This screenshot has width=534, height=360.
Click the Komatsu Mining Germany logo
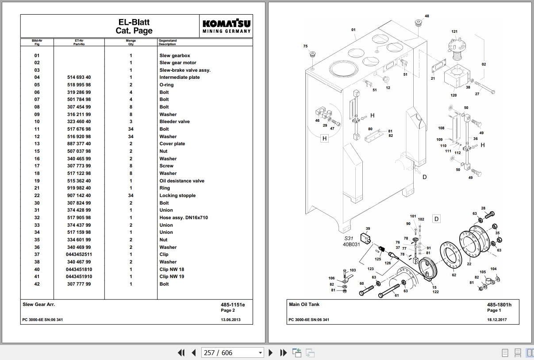(x=227, y=26)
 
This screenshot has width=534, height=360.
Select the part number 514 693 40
(x=79, y=77)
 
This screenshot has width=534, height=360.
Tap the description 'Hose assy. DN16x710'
(x=183, y=218)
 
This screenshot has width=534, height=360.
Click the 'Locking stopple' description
(x=177, y=196)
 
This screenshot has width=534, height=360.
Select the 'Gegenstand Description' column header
(x=168, y=43)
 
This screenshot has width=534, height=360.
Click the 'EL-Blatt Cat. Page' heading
(x=134, y=26)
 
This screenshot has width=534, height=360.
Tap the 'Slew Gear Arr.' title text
(x=38, y=305)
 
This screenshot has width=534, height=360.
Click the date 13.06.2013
(x=231, y=320)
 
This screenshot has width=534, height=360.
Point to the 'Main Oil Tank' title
(x=304, y=305)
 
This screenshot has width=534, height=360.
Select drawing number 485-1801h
(x=499, y=305)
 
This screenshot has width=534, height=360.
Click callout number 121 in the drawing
(x=454, y=32)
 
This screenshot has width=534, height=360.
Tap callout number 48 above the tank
(x=426, y=16)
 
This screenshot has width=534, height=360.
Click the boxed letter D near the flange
(x=436, y=219)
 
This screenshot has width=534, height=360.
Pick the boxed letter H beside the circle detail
(x=324, y=139)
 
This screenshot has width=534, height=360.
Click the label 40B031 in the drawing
(x=352, y=244)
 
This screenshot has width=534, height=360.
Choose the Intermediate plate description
(x=179, y=77)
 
